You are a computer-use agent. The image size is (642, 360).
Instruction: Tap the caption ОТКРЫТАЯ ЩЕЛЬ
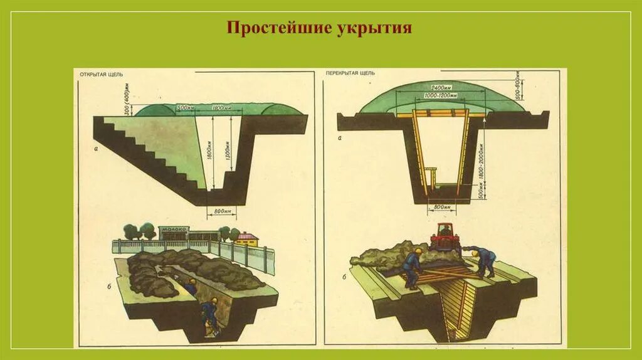[101, 75]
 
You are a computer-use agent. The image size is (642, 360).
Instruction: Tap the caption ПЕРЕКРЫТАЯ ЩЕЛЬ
[350, 73]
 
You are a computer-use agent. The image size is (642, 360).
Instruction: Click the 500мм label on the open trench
[184, 107]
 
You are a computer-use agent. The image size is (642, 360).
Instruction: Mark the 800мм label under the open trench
[224, 212]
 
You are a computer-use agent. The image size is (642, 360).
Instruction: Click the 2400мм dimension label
[442, 87]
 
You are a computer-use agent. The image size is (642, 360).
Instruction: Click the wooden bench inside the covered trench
[431, 171]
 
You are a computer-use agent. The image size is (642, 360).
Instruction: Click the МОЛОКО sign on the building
[174, 230]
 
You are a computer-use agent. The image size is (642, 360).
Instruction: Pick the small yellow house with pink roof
[246, 238]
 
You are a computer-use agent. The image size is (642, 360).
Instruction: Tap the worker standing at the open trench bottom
[210, 314]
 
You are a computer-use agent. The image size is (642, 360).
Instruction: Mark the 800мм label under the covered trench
[442, 206]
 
